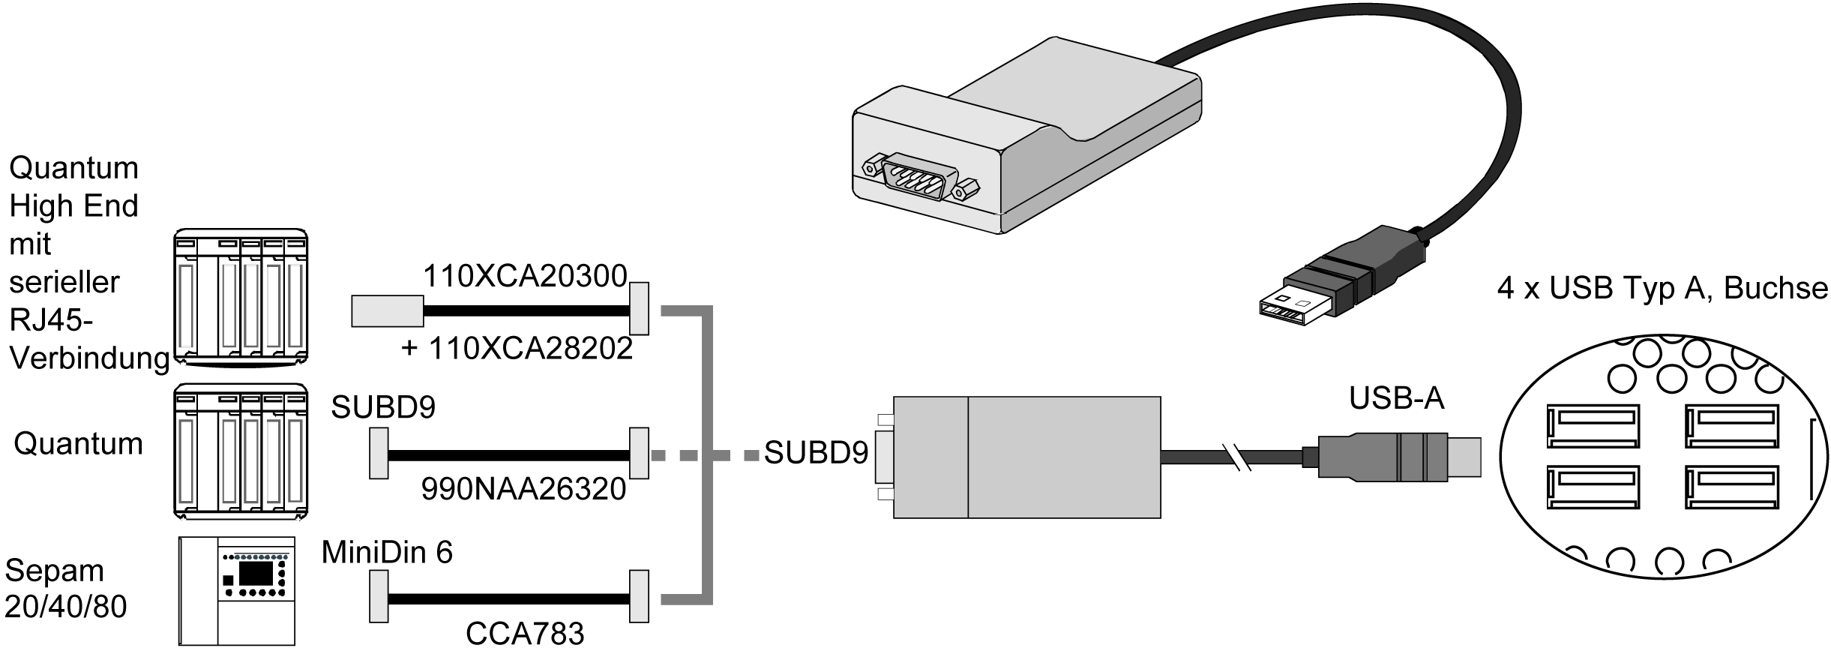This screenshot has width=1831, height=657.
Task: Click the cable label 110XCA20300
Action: (525, 277)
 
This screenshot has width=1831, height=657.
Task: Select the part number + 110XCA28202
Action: (517, 349)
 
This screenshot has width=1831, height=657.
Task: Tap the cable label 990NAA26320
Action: (523, 489)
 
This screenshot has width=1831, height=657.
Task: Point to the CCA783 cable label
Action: (525, 634)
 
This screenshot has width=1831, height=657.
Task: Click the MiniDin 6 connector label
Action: (387, 553)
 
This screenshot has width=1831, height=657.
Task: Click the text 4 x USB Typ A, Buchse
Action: (1662, 289)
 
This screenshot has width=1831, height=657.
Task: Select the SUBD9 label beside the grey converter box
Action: (816, 453)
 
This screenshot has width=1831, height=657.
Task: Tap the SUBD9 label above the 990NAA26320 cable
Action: (383, 407)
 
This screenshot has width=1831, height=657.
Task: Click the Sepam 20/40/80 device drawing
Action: (237, 591)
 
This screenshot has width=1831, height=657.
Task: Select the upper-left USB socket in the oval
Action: (1593, 431)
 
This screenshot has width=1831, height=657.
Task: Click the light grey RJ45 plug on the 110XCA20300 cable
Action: (388, 311)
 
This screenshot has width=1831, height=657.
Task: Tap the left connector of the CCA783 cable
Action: (379, 596)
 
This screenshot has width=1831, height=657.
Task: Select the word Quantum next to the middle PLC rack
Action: (78, 444)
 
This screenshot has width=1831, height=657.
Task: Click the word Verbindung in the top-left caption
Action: (89, 358)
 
